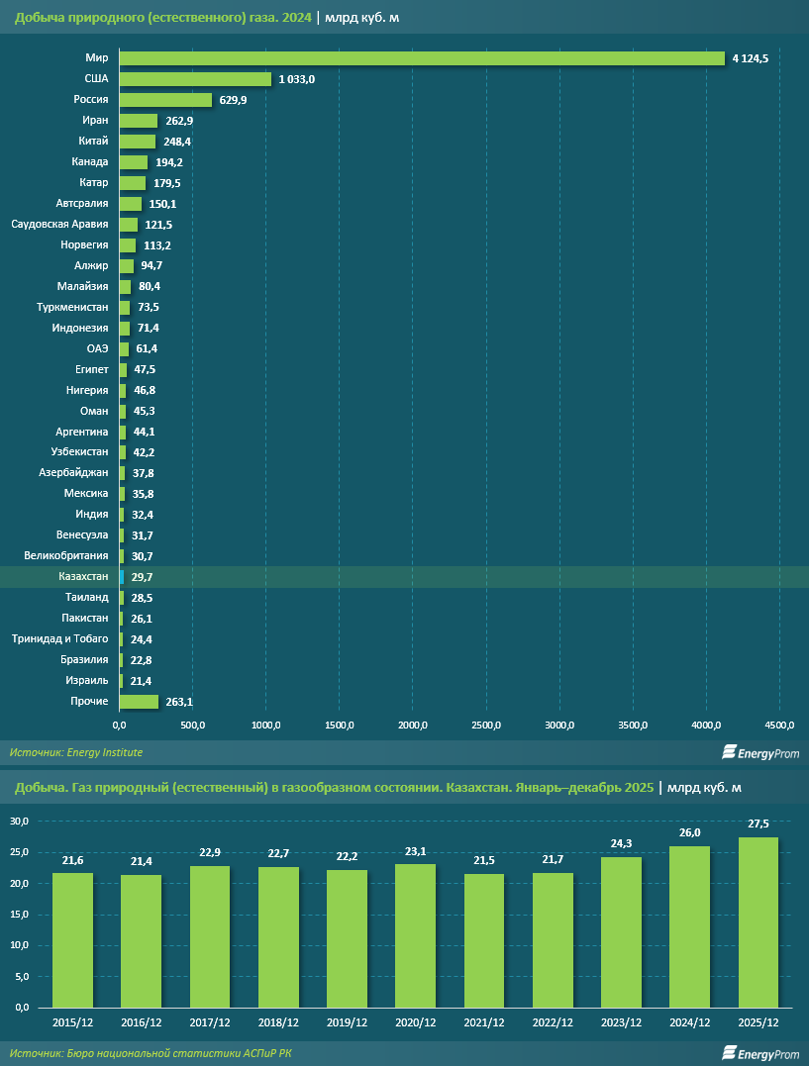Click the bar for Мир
click(x=422, y=58)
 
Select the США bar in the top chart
click(x=195, y=79)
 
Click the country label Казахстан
click(x=83, y=576)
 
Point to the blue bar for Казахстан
click(x=122, y=576)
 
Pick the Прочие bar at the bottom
click(x=139, y=701)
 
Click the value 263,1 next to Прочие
click(x=179, y=701)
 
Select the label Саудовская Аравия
click(x=59, y=225)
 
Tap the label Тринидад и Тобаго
click(x=59, y=638)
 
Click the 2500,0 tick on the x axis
click(x=487, y=727)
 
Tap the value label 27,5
click(x=758, y=824)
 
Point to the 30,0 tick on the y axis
click(x=21, y=821)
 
